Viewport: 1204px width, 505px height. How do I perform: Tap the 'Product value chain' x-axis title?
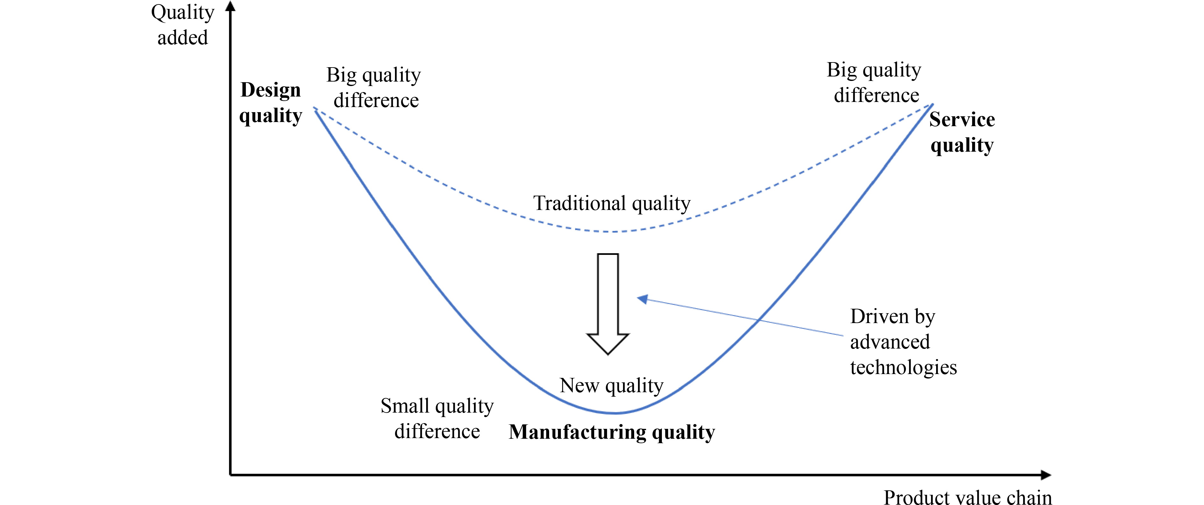coord(968,497)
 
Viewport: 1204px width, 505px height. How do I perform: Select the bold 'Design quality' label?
coord(271,102)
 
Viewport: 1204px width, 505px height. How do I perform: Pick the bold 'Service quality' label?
coord(962,132)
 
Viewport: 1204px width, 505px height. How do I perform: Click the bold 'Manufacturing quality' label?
coord(612,432)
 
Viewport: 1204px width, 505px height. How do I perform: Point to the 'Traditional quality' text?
coord(612,203)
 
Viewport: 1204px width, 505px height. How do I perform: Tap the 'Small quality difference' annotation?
coord(437,418)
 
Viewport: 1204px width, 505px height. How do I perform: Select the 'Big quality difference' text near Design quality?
coord(374,87)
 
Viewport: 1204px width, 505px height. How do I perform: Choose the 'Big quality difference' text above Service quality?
coord(874,82)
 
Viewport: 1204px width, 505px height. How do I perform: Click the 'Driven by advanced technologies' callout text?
coord(903,342)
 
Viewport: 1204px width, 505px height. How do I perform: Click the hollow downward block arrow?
coord(608,304)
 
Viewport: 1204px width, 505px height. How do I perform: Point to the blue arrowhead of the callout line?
coord(643,299)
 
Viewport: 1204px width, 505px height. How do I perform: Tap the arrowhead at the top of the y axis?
coord(230,6)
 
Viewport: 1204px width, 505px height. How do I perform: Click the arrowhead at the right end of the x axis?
coord(1046,475)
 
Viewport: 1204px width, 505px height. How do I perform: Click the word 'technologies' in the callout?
coord(903,368)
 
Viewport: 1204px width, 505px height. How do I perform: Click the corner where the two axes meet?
coord(230,475)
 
